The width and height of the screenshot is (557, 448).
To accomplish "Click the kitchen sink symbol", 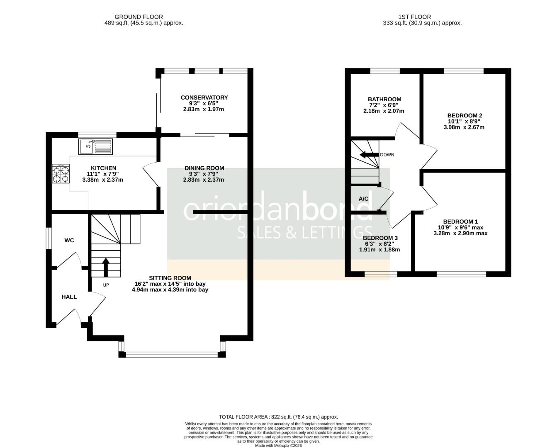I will coord(95,146).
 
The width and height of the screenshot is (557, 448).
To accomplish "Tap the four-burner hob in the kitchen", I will coord(61,174).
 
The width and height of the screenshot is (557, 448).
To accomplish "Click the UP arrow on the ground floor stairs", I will coord(106,267).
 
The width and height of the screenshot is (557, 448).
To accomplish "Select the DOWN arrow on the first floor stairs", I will coord(369,155).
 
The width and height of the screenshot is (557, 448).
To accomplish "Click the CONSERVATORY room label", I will coord(204,97).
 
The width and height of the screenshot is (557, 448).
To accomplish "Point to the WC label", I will coord(69,240).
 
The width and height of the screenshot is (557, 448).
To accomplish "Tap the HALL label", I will coord(69,297).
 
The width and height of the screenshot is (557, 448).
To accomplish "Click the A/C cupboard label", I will coord(363,199).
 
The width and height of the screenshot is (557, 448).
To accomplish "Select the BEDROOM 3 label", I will coord(380,238).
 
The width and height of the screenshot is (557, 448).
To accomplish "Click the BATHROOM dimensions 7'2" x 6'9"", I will coord(384,105).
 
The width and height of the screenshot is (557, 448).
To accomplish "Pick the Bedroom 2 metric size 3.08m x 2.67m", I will coord(464,127).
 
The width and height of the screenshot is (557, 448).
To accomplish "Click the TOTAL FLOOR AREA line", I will coord(278,417).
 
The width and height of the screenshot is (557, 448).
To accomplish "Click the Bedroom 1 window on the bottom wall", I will coord(461,274).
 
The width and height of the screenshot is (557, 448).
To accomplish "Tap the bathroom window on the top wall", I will coord(385,71).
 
